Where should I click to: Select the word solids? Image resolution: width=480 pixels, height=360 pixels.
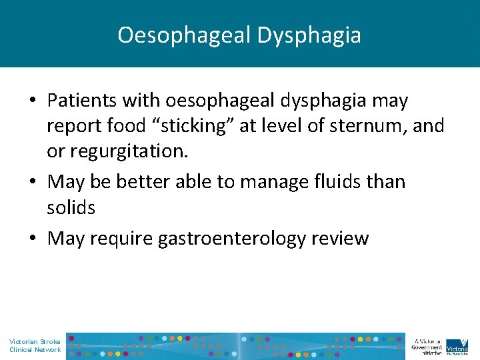click(71, 207)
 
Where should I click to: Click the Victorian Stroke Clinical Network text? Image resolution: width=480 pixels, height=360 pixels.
click(35, 345)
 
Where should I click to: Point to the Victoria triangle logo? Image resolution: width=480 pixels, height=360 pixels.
click(457, 345)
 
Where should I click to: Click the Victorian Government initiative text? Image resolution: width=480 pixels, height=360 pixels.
click(427, 345)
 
